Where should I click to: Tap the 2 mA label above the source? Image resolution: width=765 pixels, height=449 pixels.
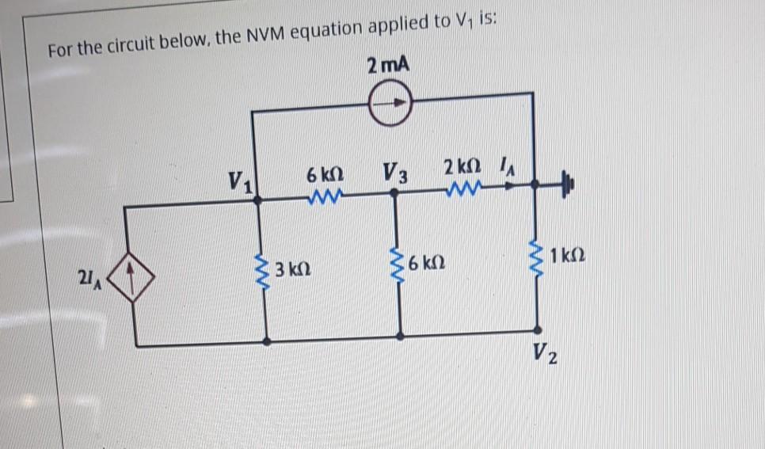389,66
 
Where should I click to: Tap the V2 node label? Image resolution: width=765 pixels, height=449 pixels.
546,352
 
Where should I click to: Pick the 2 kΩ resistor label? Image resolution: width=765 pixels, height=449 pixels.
460,169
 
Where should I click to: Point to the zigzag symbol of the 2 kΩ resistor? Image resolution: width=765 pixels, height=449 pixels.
462,189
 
